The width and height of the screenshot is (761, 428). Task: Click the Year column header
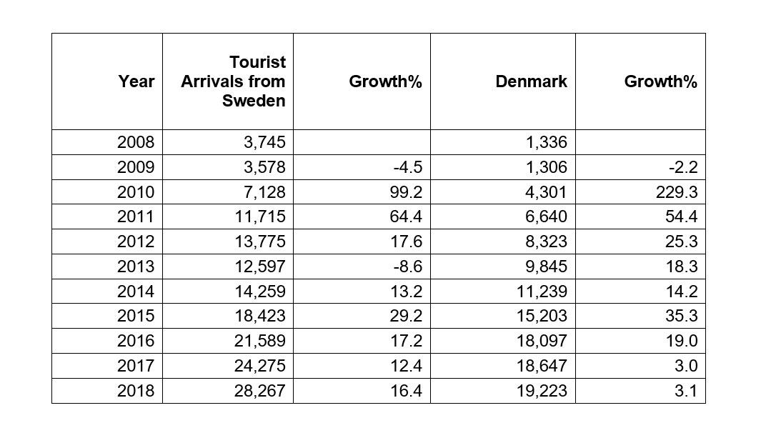(136, 81)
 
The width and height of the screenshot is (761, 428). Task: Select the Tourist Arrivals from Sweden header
(234, 81)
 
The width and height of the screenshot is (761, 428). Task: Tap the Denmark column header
(532, 81)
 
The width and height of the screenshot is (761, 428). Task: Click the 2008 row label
(136, 142)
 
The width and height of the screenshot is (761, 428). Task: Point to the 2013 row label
(136, 267)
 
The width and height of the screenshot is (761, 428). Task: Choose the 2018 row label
(136, 391)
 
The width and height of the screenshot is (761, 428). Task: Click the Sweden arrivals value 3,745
(264, 142)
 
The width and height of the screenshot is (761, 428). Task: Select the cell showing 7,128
(264, 192)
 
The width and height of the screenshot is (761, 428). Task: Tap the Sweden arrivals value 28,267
(260, 391)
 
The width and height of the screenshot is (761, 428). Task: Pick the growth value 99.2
(406, 192)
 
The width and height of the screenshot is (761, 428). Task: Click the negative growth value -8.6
(408, 267)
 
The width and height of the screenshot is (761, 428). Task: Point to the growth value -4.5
(408, 167)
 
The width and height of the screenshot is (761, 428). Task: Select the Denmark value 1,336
(547, 142)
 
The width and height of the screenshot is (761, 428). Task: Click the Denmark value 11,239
(542, 291)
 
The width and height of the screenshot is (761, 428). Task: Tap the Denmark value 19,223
(542, 391)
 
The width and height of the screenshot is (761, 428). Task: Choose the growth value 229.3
(677, 192)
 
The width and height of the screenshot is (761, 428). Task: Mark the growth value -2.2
(683, 167)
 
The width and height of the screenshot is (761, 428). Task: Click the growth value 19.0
(682, 341)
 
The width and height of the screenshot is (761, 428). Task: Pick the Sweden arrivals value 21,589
(260, 341)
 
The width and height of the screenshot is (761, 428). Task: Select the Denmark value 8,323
(547, 242)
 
